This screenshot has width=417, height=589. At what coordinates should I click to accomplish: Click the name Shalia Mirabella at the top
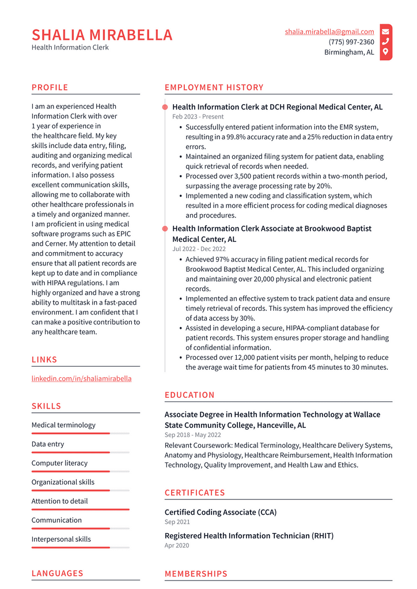pyautogui.click(x=102, y=35)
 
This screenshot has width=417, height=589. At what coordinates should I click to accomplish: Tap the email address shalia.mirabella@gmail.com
pyautogui.click(x=329, y=32)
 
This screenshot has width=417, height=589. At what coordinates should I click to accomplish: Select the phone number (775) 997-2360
pyautogui.click(x=351, y=42)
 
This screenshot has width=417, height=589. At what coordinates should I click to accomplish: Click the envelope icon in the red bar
pyautogui.click(x=385, y=32)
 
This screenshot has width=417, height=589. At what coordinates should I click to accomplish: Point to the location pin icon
pyautogui.click(x=385, y=52)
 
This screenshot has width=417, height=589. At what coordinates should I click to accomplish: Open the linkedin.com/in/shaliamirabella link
pyautogui.click(x=81, y=378)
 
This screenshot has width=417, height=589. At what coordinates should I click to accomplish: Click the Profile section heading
pyautogui.click(x=50, y=88)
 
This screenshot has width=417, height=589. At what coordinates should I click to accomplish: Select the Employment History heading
pyautogui.click(x=214, y=88)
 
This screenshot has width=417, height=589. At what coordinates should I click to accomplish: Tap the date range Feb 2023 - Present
pyautogui.click(x=198, y=117)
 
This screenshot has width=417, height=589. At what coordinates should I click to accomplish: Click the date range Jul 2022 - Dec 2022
pyautogui.click(x=199, y=249)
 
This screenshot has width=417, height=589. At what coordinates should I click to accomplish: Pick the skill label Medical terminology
pyautogui.click(x=63, y=425)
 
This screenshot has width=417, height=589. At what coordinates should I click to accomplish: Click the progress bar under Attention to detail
pyautogui.click(x=80, y=510)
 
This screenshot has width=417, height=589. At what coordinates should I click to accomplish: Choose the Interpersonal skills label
pyautogui.click(x=61, y=539)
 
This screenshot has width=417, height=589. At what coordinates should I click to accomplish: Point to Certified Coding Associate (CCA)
pyautogui.click(x=221, y=512)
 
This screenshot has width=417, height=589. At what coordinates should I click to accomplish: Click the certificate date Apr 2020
pyautogui.click(x=177, y=545)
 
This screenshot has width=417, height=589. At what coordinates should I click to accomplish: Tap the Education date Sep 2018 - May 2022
pyautogui.click(x=193, y=435)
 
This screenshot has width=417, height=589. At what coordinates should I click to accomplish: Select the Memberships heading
pyautogui.click(x=196, y=573)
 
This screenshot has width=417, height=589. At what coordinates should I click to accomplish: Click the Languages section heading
pyautogui.click(x=57, y=573)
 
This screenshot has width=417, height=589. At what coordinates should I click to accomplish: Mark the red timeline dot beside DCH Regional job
pyautogui.click(x=165, y=107)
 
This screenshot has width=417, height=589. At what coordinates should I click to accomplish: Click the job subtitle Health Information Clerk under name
pyautogui.click(x=70, y=47)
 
